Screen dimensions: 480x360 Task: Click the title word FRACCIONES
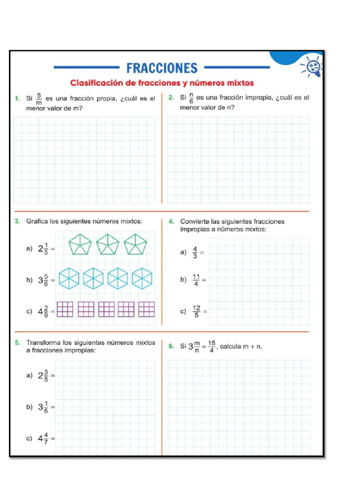point(162,68)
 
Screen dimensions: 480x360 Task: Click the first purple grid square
point(65,309)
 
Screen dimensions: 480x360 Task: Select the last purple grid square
point(146,309)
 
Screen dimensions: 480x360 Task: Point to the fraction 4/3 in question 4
point(195,253)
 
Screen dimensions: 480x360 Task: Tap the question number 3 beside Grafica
point(17,221)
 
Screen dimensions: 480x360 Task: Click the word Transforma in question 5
point(44,343)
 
